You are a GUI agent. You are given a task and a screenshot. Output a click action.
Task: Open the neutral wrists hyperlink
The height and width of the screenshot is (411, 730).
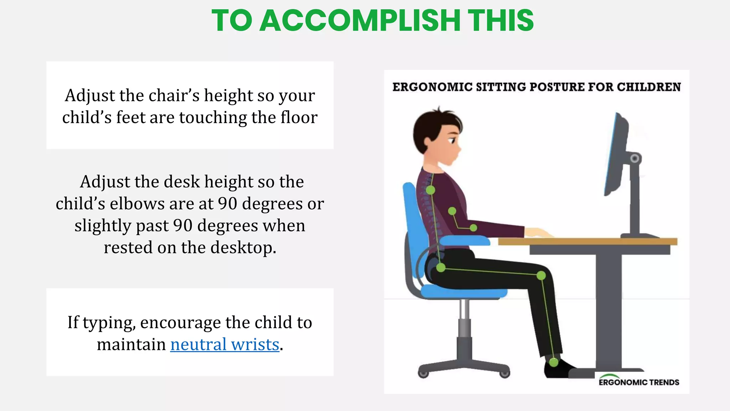[225, 344]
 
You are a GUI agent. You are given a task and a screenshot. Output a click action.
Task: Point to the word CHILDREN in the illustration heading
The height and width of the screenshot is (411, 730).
[649, 87]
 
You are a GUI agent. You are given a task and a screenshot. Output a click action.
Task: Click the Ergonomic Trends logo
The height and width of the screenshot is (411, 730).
[638, 381]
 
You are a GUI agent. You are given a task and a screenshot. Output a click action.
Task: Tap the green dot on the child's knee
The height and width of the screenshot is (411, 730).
[541, 275]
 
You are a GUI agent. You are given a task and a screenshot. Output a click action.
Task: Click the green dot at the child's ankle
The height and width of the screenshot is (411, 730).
[553, 362]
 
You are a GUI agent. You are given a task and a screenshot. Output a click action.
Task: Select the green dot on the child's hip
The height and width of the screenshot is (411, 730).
[441, 268]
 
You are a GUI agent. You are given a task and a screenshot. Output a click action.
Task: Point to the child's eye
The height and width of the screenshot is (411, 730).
[452, 141]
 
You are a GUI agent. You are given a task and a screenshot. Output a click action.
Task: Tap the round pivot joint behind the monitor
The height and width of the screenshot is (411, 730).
[634, 158]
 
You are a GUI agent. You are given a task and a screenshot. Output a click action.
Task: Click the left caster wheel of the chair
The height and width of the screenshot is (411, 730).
[423, 374]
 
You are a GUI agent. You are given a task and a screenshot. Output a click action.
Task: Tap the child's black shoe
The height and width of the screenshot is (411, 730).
[558, 369]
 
